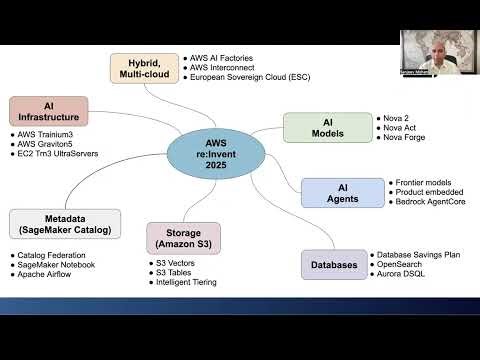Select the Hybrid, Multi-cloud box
click(x=144, y=67)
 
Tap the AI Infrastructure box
click(x=49, y=110)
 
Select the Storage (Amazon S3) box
click(x=181, y=238)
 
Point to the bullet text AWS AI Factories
click(x=229, y=57)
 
